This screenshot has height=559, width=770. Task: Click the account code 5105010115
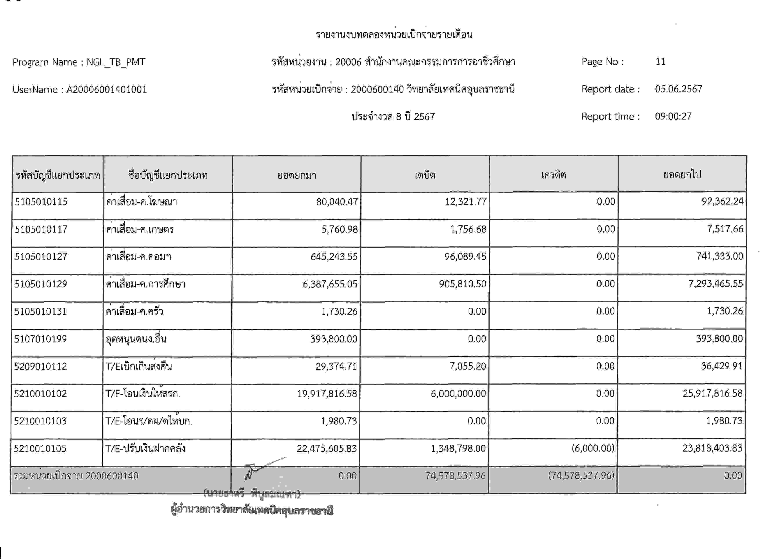pos(41,202)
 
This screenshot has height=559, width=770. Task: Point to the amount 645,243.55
pos(334,257)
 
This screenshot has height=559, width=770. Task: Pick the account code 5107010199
pos(40,339)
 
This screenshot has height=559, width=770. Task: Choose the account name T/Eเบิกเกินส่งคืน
pos(138,366)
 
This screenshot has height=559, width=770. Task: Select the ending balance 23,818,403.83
pos(712,448)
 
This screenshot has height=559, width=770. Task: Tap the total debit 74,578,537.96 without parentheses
pos(455,476)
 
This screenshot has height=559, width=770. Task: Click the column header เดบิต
pos(425,175)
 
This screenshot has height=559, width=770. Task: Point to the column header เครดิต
pos(553,175)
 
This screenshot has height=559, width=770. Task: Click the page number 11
pos(660,62)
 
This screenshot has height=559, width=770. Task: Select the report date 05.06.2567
pos(678,89)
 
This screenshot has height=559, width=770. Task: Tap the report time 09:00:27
pos(673,116)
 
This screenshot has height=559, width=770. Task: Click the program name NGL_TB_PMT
pos(116,62)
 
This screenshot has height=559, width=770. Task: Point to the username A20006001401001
pos(106,90)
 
